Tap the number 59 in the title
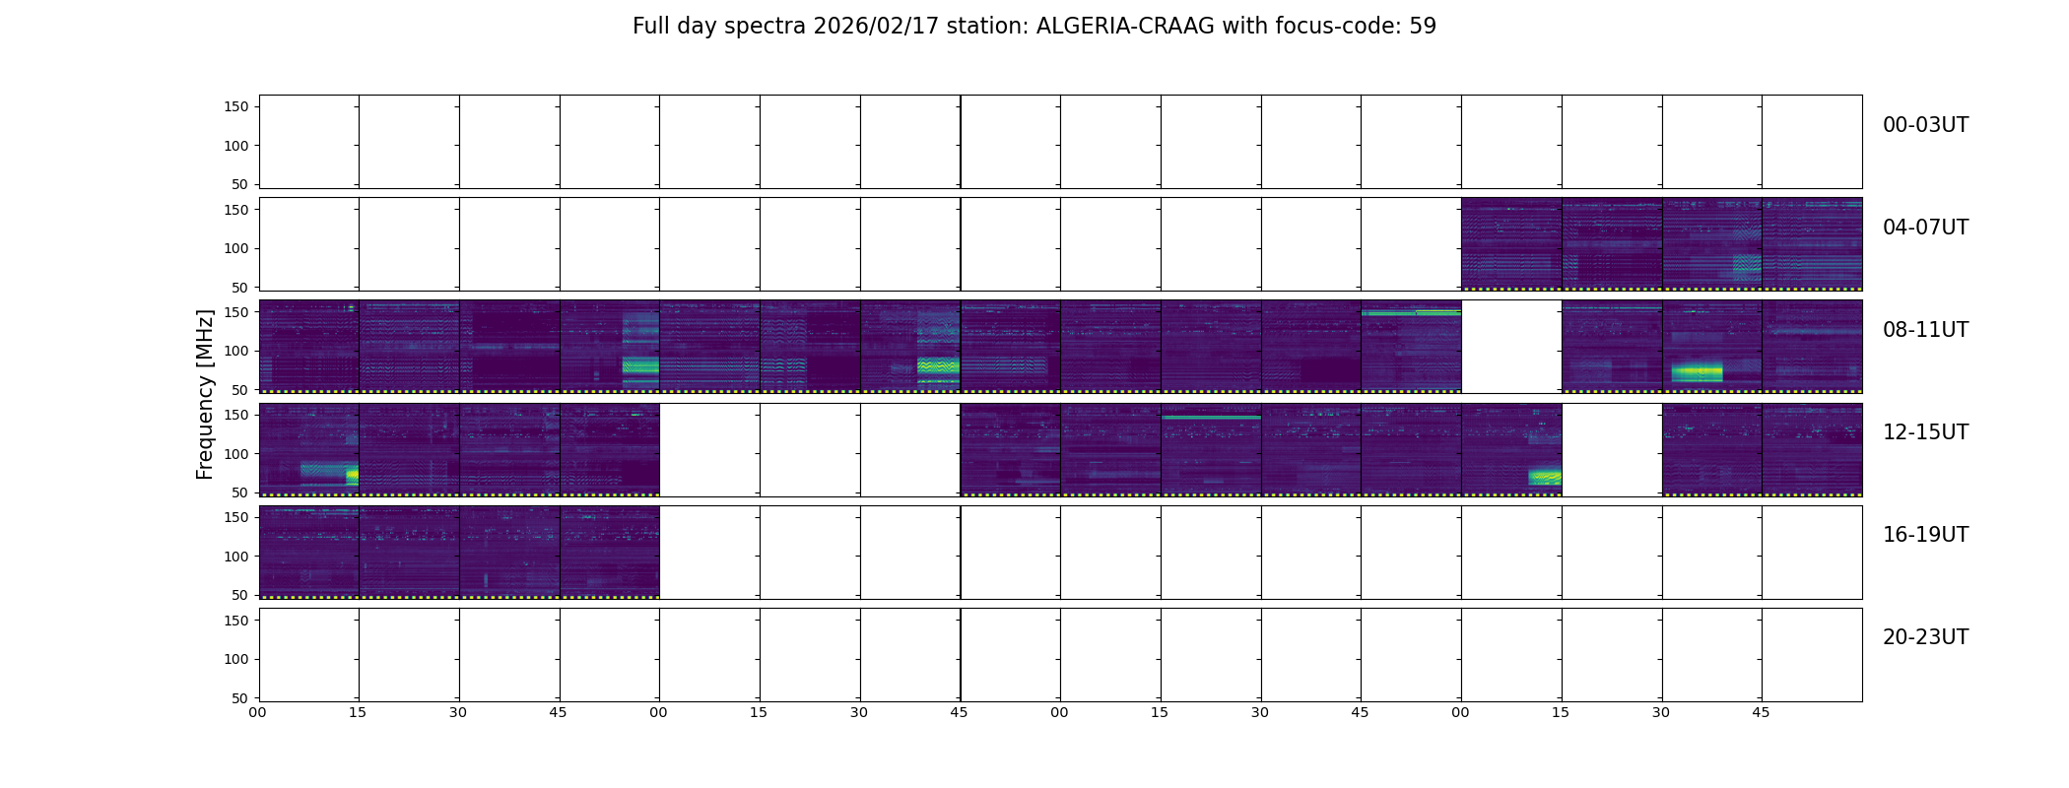tap(1423, 27)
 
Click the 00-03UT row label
tap(1925, 125)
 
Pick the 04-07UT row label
tap(1925, 228)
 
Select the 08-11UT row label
tap(1925, 330)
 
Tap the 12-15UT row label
tap(1925, 432)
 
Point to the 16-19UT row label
tap(1925, 535)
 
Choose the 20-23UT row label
tap(1925, 637)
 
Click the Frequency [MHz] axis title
tap(205, 394)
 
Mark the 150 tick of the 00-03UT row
tap(236, 106)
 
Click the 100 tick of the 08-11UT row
tap(236, 351)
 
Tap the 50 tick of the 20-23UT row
tap(240, 698)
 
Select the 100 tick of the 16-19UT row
tap(236, 557)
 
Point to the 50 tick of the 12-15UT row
tap(240, 492)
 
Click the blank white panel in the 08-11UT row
tap(1511, 347)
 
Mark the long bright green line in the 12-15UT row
tap(1211, 418)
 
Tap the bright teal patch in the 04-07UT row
tap(1747, 266)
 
